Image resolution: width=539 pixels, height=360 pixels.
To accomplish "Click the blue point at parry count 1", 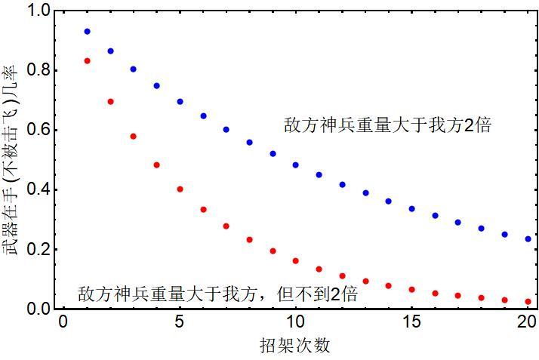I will (87, 32).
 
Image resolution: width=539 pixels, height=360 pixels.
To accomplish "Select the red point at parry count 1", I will (87, 60).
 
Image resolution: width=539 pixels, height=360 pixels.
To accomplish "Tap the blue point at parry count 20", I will (528, 238).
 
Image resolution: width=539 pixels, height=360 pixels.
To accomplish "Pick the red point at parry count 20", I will (528, 301).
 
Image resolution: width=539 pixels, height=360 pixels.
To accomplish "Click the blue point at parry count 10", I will (296, 165).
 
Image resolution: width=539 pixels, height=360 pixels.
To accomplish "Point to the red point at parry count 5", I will (180, 189).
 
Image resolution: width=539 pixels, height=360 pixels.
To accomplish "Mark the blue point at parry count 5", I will (180, 101).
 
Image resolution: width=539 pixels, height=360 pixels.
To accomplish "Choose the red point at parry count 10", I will (296, 260).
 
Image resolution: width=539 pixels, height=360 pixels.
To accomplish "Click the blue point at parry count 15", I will (412, 208).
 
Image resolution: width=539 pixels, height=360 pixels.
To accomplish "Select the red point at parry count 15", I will (412, 289).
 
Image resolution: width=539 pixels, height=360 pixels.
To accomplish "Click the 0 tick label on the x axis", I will (63, 322).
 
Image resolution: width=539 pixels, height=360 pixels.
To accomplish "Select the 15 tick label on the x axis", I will (412, 322).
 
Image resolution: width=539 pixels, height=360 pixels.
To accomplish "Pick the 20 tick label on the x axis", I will (528, 322).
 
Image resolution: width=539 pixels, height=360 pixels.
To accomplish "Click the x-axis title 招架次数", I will (294, 346).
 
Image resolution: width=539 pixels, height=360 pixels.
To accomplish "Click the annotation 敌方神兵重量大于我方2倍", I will (388, 125).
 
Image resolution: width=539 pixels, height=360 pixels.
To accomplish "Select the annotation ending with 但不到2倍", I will (217, 294).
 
